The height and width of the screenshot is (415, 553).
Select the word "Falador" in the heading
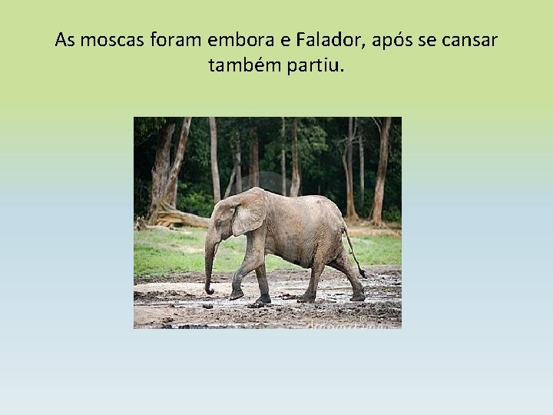[339, 40]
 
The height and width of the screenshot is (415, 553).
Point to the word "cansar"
[469, 40]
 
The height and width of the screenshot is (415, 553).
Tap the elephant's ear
[247, 214]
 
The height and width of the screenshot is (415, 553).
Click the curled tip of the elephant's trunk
[209, 290]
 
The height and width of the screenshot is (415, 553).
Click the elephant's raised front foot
[237, 294]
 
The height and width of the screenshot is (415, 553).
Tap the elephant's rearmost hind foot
[358, 296]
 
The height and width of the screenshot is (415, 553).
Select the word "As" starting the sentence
[65, 40]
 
